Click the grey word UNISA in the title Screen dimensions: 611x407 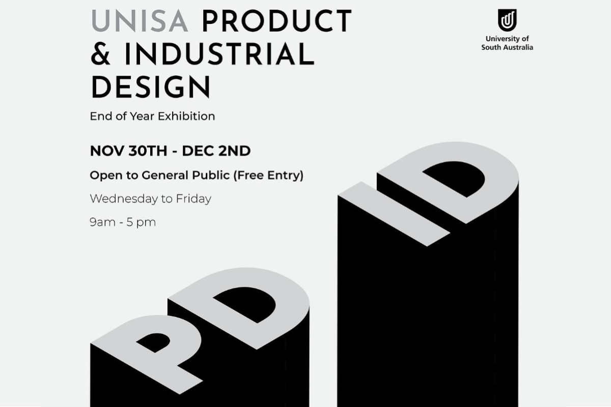(140, 21)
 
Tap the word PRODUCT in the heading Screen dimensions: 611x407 (277, 21)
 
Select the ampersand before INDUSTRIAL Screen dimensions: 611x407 (100, 54)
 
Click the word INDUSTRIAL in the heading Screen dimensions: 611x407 (219, 54)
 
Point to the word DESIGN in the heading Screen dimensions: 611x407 (151, 86)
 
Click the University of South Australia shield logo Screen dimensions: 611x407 (507, 20)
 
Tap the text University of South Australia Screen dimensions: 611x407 (507, 43)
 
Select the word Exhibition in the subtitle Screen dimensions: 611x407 (186, 116)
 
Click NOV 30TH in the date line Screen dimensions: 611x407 (128, 151)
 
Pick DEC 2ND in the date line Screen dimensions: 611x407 (216, 151)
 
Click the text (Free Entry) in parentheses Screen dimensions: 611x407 (268, 176)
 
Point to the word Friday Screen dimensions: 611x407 (193, 199)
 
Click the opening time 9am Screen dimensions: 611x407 (102, 222)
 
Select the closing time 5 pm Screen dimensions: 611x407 (141, 222)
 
